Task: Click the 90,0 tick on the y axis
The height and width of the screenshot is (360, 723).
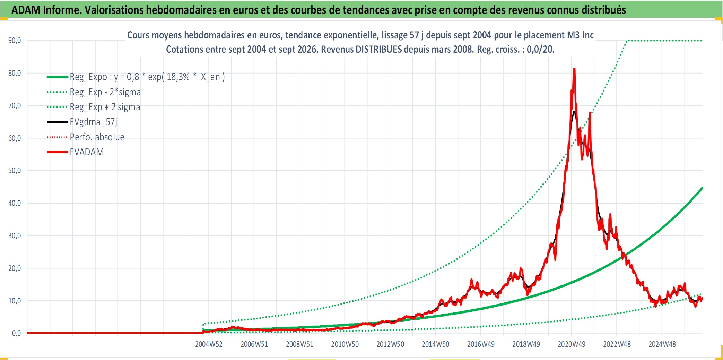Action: tap(15, 41)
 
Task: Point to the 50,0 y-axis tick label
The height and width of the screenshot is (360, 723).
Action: tap(15, 171)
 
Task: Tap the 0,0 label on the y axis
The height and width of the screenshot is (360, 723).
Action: tap(17, 333)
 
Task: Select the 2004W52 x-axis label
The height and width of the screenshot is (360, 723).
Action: tap(209, 344)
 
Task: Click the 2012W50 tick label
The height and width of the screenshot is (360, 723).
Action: tap(390, 344)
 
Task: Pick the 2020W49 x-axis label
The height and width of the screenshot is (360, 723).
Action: tap(572, 344)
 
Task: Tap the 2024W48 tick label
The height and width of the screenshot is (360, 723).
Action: tap(662, 344)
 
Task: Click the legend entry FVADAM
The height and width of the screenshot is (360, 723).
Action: tap(87, 152)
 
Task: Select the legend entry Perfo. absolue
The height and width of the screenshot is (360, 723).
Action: tap(97, 137)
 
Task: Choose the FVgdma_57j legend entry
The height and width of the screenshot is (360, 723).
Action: tap(94, 122)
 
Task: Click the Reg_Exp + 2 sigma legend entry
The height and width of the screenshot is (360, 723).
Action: tap(105, 107)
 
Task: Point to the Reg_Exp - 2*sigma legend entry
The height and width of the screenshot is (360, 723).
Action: tap(105, 92)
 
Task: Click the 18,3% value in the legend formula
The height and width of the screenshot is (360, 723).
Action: tap(178, 77)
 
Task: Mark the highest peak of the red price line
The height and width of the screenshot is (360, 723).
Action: tap(574, 69)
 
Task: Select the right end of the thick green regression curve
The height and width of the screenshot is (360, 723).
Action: tap(702, 188)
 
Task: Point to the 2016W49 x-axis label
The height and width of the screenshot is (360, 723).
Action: tap(481, 344)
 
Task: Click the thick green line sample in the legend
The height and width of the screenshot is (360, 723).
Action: tap(58, 77)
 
